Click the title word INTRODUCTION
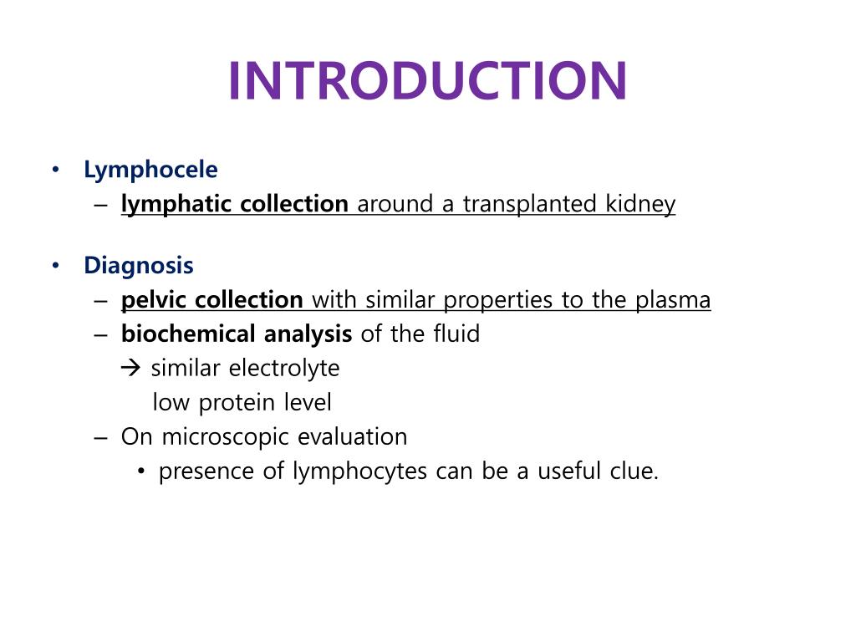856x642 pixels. (x=427, y=81)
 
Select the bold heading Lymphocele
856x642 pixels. (x=150, y=171)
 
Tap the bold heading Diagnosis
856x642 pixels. (x=139, y=267)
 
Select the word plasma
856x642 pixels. (x=673, y=300)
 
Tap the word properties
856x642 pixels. (x=499, y=300)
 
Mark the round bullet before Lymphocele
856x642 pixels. (x=55, y=171)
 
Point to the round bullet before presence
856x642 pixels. (x=141, y=472)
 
